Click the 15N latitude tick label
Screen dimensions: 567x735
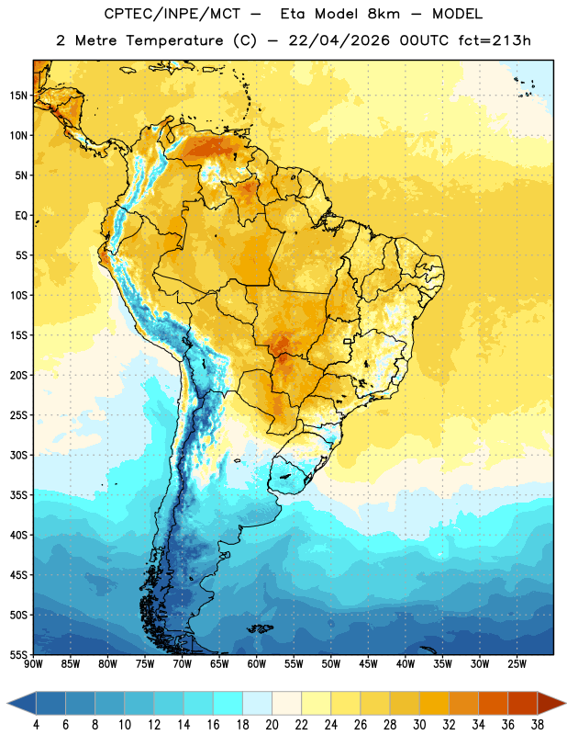pyautogui.click(x=18, y=96)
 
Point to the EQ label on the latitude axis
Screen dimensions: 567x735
pyautogui.click(x=21, y=216)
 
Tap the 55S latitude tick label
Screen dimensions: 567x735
pyautogui.click(x=18, y=654)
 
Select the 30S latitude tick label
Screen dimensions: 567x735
pyautogui.click(x=18, y=455)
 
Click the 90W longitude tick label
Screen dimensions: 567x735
pyautogui.click(x=33, y=664)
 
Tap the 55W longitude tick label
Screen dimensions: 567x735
pyautogui.click(x=294, y=664)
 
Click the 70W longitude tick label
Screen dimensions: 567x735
pyautogui.click(x=183, y=664)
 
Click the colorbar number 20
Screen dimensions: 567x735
pyautogui.click(x=272, y=725)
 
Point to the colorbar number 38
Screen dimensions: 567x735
pyautogui.click(x=537, y=725)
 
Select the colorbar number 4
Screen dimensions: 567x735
pyautogui.click(x=36, y=725)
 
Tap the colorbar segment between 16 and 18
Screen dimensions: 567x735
pyautogui.click(x=228, y=703)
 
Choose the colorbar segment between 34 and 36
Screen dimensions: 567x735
pyautogui.click(x=493, y=703)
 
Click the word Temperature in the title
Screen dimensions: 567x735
pyautogui.click(x=174, y=41)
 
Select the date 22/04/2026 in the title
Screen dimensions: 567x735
pyautogui.click(x=339, y=41)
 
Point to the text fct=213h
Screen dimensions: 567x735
pyautogui.click(x=495, y=40)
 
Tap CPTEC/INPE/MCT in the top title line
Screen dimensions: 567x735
pyautogui.click(x=172, y=14)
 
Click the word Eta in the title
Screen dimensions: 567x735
pyautogui.click(x=293, y=14)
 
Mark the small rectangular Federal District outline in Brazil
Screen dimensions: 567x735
pyautogui.click(x=348, y=341)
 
